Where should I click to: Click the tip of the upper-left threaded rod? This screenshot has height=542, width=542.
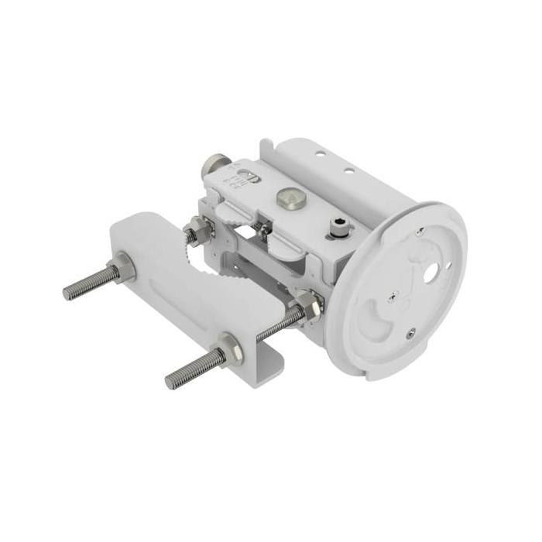[x=67, y=293]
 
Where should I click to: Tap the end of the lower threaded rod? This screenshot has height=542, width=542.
[x=170, y=382]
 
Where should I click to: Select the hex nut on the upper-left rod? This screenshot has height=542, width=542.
[x=122, y=269]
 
